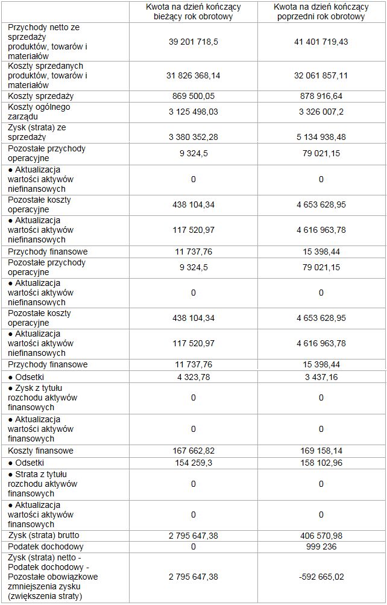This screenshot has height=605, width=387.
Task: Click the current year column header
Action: click(x=193, y=11)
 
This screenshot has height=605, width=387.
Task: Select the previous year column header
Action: click(x=321, y=11)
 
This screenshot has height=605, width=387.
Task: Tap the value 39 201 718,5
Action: click(x=193, y=42)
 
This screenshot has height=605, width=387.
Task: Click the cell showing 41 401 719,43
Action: click(x=321, y=42)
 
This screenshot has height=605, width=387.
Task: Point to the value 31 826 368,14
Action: click(x=193, y=75)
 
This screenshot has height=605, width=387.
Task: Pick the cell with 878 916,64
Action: click(x=321, y=96)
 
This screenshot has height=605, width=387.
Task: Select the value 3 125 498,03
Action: click(x=193, y=112)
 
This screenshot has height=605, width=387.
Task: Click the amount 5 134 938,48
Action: click(x=321, y=137)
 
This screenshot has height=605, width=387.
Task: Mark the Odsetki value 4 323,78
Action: click(x=193, y=377)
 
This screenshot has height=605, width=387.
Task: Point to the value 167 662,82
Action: click(x=193, y=451)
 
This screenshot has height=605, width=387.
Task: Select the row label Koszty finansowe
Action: click(x=41, y=451)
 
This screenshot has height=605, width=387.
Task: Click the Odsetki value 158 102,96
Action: click(x=321, y=463)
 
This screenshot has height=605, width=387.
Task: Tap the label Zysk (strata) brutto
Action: click(x=43, y=535)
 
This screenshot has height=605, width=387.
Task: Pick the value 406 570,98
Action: click(x=321, y=535)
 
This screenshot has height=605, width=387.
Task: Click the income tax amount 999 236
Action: click(x=321, y=546)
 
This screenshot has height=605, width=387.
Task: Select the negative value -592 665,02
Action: click(x=321, y=577)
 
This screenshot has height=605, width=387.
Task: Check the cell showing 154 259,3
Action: click(x=193, y=463)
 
